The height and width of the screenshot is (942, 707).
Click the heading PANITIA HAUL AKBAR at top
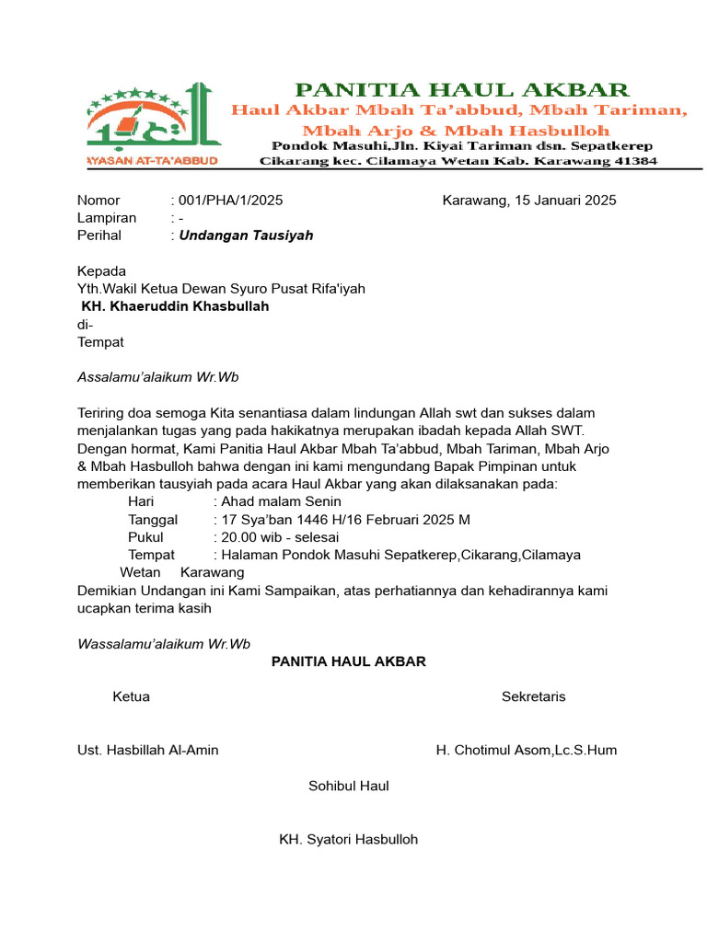pos(461,89)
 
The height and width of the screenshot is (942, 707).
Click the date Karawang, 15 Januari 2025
pos(529,201)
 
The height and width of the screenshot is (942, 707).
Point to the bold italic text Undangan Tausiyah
pos(246,235)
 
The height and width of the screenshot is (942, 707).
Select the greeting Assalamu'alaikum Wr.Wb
pos(158,377)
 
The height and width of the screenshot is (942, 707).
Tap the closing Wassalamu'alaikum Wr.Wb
pos(164,644)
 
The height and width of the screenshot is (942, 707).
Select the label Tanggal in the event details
pos(153,520)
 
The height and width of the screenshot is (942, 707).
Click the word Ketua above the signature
pos(131,697)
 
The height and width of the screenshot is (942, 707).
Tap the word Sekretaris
pos(534,697)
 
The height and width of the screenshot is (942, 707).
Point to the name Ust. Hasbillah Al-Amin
pos(148,751)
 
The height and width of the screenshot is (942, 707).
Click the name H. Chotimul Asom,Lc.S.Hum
pos(527,751)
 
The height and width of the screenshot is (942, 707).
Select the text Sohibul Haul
pos(348,787)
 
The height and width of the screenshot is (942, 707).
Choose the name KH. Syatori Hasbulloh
pos(348,840)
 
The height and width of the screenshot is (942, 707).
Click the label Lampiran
pos(107,218)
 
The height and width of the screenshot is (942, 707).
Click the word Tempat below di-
pos(100,342)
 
